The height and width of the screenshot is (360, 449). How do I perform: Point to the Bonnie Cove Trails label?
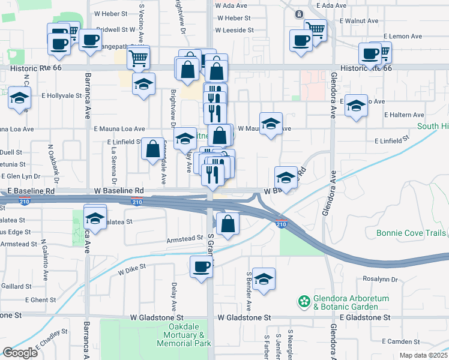click(411, 233)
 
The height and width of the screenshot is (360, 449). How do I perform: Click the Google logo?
click(20, 352)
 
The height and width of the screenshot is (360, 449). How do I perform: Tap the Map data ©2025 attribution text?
click(423, 355)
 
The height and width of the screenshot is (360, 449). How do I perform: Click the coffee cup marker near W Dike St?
click(202, 266)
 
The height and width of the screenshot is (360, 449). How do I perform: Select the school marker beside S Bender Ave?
click(264, 278)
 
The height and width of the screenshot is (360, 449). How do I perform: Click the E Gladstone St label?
click(364, 317)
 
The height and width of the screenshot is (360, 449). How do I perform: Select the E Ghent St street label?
click(40, 299)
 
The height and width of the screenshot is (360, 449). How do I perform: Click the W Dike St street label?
click(132, 271)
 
